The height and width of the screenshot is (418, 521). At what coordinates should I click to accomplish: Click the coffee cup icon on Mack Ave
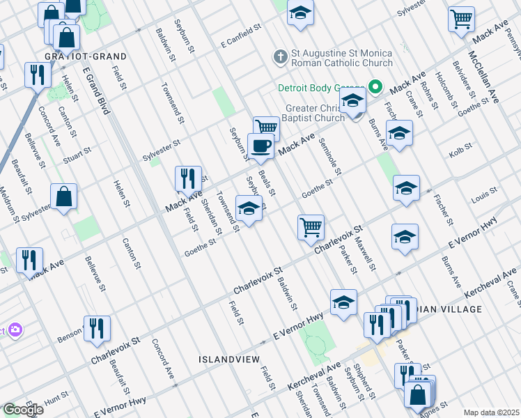(x=260, y=146)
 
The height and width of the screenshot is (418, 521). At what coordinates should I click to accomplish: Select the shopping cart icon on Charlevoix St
(x=310, y=226)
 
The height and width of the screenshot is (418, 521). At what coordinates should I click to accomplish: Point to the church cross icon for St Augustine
(x=281, y=56)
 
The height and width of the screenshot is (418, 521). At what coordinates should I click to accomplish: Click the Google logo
(x=22, y=410)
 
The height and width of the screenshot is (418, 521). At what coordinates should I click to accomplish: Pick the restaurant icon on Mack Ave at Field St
(x=187, y=178)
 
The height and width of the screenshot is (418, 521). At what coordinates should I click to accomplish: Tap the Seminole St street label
(x=329, y=157)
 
